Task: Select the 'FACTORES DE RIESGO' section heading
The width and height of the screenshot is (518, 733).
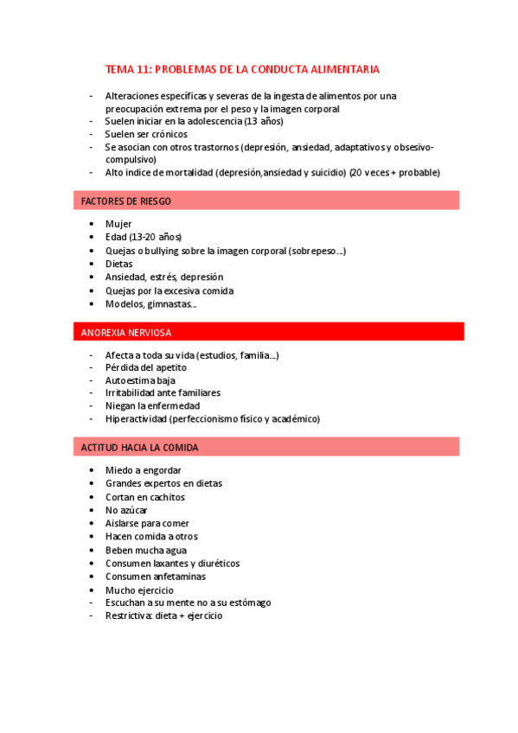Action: click(126, 201)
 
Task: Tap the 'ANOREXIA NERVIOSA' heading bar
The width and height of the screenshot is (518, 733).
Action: click(126, 332)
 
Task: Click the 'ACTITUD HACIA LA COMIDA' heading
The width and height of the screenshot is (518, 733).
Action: click(139, 447)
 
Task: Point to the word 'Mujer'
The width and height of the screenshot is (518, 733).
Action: click(118, 224)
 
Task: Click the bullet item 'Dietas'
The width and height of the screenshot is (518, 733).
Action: click(119, 264)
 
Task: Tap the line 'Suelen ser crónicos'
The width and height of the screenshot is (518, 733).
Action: click(146, 134)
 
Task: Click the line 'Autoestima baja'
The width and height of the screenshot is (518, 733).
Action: click(140, 379)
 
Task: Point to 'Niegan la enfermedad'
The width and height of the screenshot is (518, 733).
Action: click(152, 405)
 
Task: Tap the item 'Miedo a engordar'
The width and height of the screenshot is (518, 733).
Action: click(144, 470)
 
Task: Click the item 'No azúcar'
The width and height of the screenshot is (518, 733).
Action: click(126, 510)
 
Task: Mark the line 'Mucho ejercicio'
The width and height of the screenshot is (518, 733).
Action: click(139, 590)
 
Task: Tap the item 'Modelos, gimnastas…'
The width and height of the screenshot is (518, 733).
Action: click(150, 303)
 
